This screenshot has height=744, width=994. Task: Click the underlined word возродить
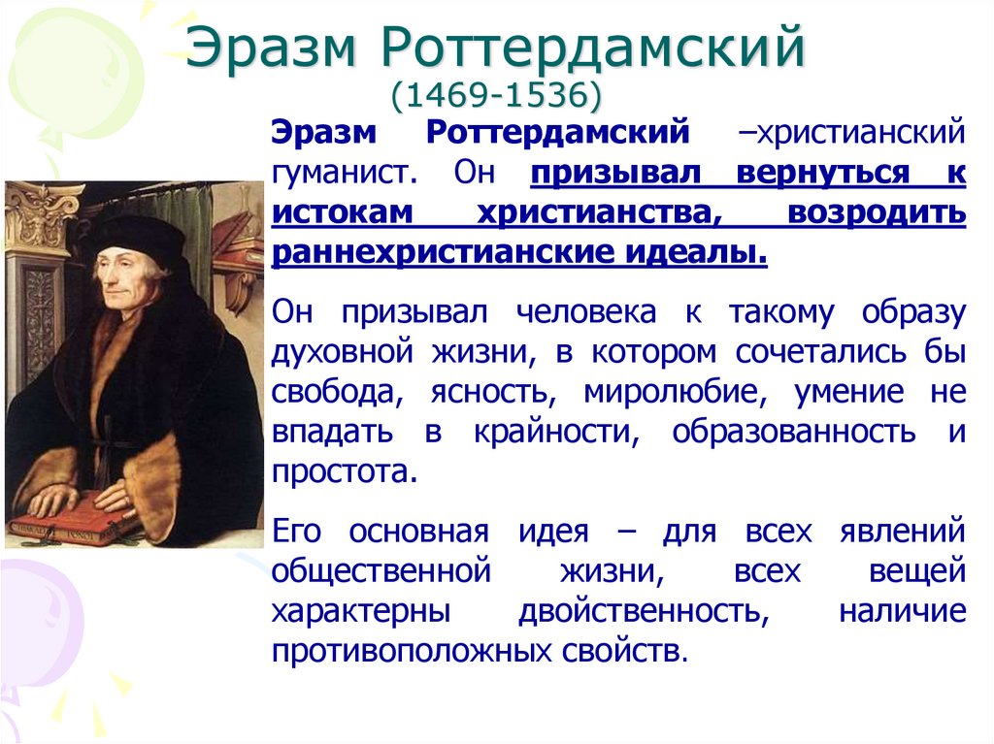pos(877,212)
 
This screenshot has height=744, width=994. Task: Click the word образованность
pos(794,432)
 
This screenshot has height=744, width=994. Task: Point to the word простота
pos(345,472)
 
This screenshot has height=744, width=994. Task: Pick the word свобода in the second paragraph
pos(324,392)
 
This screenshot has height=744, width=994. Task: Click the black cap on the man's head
pos(136,233)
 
